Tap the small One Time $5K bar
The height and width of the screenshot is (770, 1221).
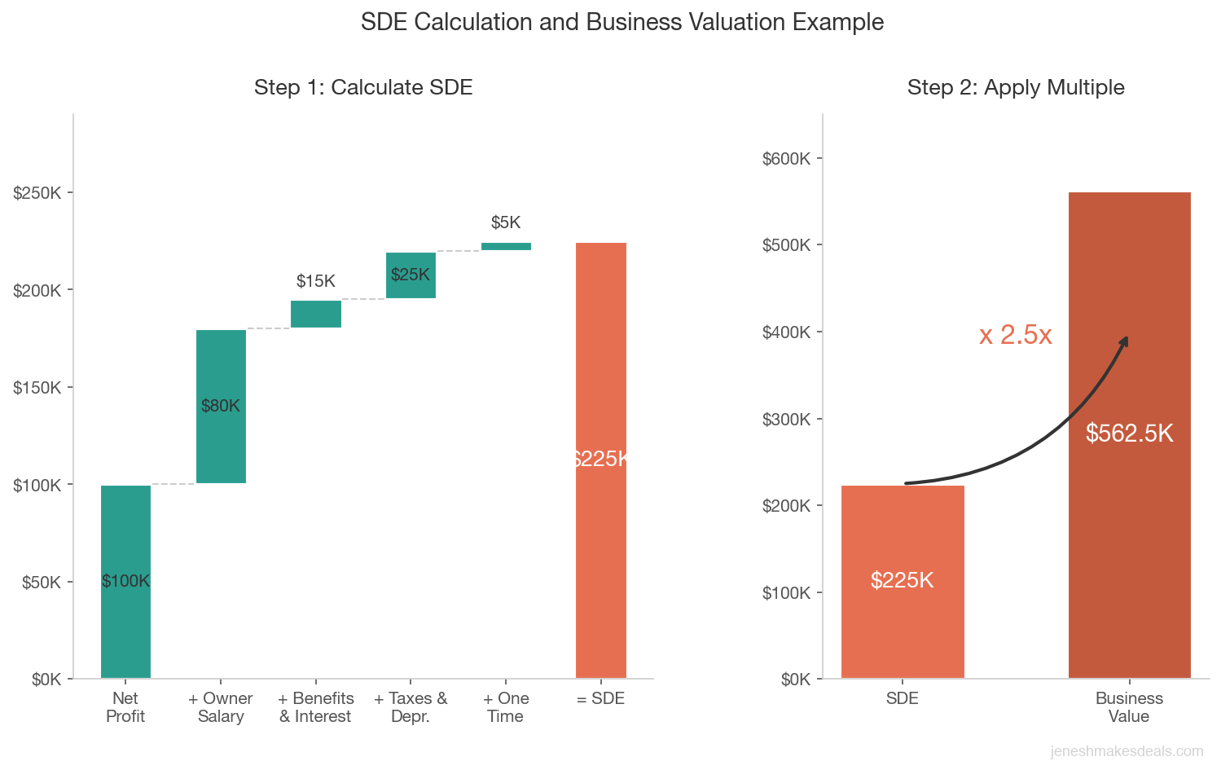(506, 246)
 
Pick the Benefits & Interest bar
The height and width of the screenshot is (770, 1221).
(316, 314)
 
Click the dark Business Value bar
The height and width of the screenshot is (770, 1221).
(1129, 530)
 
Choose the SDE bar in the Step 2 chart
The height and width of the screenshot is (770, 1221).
(903, 619)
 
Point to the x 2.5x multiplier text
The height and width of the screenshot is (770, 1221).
(1016, 335)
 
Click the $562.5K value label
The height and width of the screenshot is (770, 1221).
(1129, 433)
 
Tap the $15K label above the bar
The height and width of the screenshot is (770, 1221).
(316, 281)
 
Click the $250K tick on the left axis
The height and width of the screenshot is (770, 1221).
(37, 193)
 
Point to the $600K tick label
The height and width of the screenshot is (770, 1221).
(786, 158)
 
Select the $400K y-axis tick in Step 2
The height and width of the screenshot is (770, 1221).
(786, 332)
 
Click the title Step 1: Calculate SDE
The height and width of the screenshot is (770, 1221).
(363, 87)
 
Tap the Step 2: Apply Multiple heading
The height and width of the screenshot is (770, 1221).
(1016, 87)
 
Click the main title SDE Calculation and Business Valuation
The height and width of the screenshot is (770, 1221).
(622, 22)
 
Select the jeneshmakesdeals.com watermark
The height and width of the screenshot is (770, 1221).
(1127, 751)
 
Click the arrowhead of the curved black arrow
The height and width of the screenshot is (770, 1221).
(1126, 340)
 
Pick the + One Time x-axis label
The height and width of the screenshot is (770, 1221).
(506, 707)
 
